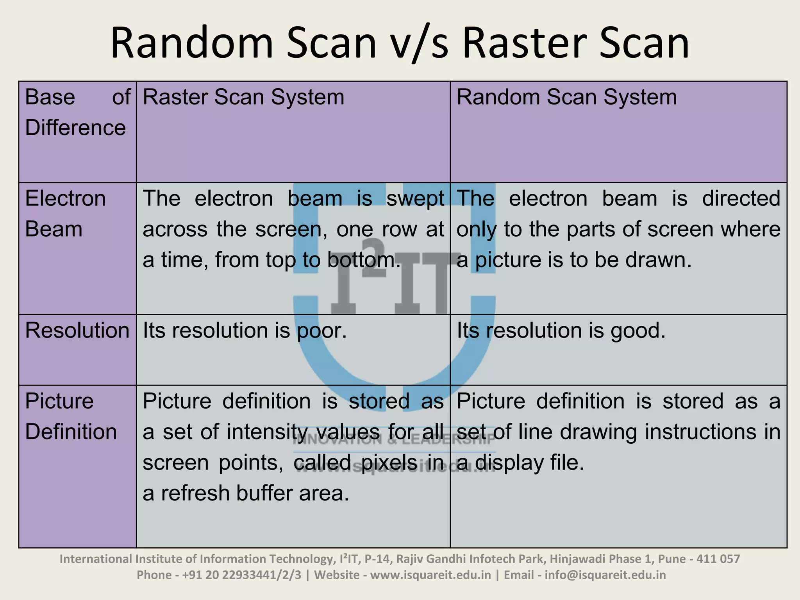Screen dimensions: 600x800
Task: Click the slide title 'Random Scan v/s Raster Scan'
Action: [400, 43]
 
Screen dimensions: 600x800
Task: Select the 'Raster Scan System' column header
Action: [243, 97]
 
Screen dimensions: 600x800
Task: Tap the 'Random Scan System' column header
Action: [566, 97]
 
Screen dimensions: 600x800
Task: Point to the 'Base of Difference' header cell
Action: [77, 112]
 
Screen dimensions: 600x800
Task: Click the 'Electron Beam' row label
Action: [65, 214]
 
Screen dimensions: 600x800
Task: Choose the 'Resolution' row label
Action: [77, 330]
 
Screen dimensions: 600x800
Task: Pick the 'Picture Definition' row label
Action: [71, 416]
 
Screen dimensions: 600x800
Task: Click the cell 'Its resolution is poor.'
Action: [245, 330]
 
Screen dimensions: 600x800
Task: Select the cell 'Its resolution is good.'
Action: [561, 330]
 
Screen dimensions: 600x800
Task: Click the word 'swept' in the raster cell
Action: [415, 199]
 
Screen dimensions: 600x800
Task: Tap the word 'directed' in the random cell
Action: [741, 199]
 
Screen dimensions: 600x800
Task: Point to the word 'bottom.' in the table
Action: [364, 260]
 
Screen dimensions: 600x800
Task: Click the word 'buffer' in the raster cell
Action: [264, 493]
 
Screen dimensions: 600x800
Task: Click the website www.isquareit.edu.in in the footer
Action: [430, 575]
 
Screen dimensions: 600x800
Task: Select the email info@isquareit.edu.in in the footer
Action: [605, 575]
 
